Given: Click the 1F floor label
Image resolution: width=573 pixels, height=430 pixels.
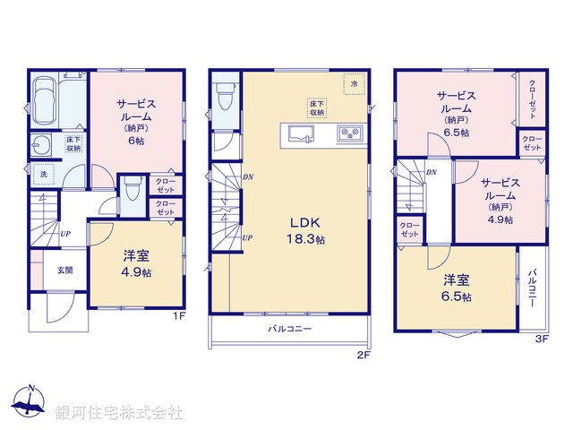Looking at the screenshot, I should coord(178,315).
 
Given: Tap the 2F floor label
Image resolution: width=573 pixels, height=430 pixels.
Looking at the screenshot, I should coord(363,355).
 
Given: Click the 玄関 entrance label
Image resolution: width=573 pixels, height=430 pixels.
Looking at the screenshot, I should coord(65,270).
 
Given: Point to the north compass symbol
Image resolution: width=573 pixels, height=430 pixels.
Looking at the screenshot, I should coord(30,400).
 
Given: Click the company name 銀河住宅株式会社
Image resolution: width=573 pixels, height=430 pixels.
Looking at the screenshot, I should coord(119,413).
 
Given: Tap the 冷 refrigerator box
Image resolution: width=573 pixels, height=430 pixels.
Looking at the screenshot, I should coord(355,85).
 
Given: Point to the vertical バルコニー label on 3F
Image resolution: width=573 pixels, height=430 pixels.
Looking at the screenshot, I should coord(532,287).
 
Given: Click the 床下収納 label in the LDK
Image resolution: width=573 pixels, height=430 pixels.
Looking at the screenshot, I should coord(318,107).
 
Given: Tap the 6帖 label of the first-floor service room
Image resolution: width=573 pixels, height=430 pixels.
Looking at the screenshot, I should coord(136,142).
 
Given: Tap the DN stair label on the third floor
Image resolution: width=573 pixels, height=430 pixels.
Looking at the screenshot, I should coord(431,172).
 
